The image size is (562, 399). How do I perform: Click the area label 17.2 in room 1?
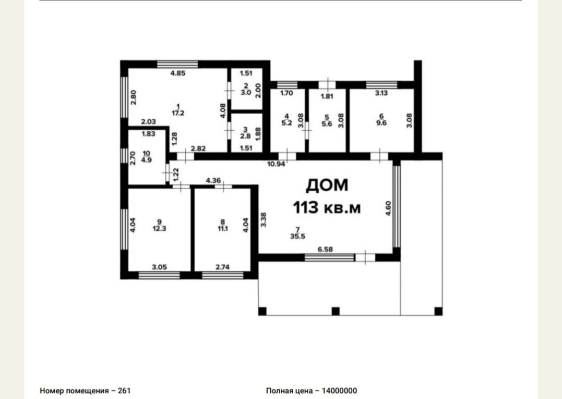pyautogui.click(x=178, y=113)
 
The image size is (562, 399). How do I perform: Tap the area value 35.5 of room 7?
pyautogui.click(x=297, y=236)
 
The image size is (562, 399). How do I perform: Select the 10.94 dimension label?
pyautogui.click(x=277, y=164)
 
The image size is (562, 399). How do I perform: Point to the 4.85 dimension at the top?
pyautogui.click(x=178, y=73)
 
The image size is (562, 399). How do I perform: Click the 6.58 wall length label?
pyautogui.click(x=325, y=250)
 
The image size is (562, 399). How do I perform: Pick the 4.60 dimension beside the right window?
pyautogui.click(x=388, y=208)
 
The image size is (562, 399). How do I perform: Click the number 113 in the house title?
pyautogui.click(x=306, y=207)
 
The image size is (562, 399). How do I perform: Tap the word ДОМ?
pyautogui.click(x=327, y=186)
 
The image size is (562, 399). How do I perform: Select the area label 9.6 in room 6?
pyautogui.click(x=381, y=123)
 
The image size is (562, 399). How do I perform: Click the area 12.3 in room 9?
pyautogui.click(x=160, y=228)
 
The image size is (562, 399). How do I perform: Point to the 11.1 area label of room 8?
pyautogui.click(x=223, y=228)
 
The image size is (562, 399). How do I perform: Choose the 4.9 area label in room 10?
pyautogui.click(x=146, y=160)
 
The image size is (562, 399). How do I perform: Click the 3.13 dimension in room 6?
pyautogui.click(x=381, y=93)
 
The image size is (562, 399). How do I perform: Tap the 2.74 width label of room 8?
pyautogui.click(x=223, y=267)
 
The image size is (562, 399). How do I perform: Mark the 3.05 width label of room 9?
pyautogui.click(x=160, y=267)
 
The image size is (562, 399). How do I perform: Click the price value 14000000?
pyautogui.click(x=339, y=391)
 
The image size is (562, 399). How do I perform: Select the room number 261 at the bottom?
pyautogui.click(x=124, y=391)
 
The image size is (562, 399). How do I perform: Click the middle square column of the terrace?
pyautogui.click(x=336, y=311)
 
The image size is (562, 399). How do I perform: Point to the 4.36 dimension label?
pyautogui.click(x=213, y=181)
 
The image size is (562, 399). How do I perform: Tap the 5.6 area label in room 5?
pyautogui.click(x=327, y=124)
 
